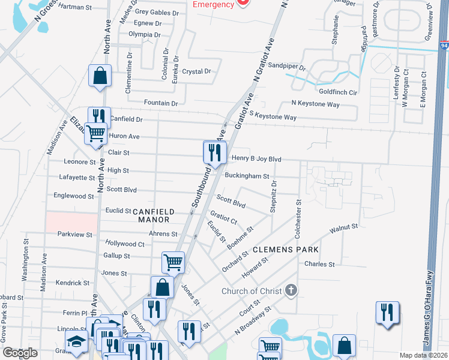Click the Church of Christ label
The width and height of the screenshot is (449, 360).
252,292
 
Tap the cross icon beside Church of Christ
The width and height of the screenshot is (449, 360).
291,292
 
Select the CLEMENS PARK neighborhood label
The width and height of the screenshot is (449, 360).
285,249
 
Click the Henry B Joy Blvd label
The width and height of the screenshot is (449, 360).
256,159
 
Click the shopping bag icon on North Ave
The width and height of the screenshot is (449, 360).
100,76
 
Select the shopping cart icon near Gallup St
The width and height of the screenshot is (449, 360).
173,262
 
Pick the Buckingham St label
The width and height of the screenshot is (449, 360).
246,176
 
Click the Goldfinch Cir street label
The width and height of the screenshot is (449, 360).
338,92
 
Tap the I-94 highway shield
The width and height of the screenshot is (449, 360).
444,46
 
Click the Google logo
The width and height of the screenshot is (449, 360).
20,353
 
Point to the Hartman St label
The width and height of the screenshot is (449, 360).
74,7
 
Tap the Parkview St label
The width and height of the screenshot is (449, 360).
75,235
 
